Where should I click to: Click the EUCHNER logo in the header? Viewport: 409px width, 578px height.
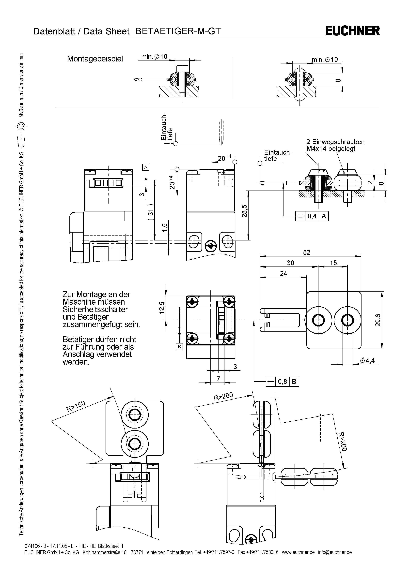[x=352, y=31]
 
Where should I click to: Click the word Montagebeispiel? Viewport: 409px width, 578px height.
[x=95, y=59]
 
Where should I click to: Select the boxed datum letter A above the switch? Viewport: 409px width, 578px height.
[x=146, y=167]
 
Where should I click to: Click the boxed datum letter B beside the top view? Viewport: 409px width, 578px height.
[x=179, y=347]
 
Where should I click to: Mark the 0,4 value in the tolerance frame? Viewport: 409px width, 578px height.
[x=312, y=216]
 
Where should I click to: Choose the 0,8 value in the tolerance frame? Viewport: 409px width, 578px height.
[x=282, y=382]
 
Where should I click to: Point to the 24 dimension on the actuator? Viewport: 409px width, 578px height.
[x=283, y=273]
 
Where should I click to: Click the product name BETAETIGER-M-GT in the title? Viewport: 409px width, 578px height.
[x=178, y=31]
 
